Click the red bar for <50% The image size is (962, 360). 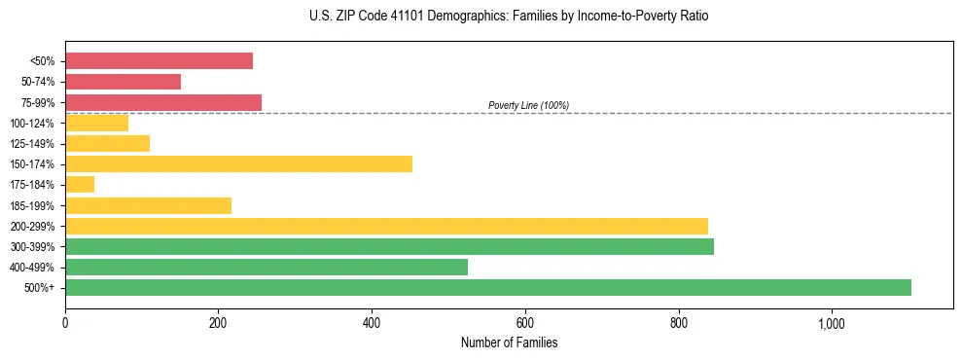(x=159, y=61)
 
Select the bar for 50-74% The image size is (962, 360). (x=123, y=82)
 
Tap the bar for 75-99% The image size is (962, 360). (x=163, y=102)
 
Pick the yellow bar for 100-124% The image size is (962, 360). (x=96, y=123)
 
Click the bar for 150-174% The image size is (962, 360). (x=238, y=163)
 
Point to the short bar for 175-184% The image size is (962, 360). (x=80, y=184)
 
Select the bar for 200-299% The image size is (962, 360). (x=386, y=226)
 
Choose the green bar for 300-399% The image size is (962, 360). (x=389, y=246)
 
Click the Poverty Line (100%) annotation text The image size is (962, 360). (x=528, y=105)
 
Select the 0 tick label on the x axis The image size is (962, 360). (x=65, y=323)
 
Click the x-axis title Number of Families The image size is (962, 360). (x=509, y=342)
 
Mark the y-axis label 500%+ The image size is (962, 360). (x=42, y=288)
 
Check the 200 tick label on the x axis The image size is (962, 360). (x=219, y=323)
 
